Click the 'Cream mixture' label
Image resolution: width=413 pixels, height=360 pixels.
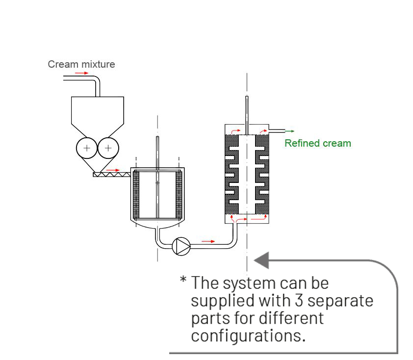point(81,64)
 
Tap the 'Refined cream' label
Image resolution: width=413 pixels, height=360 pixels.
point(318,143)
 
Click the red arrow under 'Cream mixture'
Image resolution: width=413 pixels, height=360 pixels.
point(81,73)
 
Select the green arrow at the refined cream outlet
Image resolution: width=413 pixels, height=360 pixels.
point(290,131)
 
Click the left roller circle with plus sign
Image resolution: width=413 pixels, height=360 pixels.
point(87,148)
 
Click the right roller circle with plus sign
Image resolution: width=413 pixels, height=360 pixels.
point(108,148)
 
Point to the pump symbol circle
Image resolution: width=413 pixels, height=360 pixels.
point(181,246)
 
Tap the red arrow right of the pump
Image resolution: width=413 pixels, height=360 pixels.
point(208,241)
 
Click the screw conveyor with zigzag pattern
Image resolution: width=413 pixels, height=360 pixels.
point(111,174)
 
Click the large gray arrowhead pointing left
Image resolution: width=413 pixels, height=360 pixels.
point(262,260)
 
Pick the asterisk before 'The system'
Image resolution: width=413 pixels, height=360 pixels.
point(183,281)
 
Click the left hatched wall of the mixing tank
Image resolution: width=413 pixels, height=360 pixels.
point(137,195)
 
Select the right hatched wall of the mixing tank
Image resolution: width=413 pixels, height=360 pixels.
point(179,195)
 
